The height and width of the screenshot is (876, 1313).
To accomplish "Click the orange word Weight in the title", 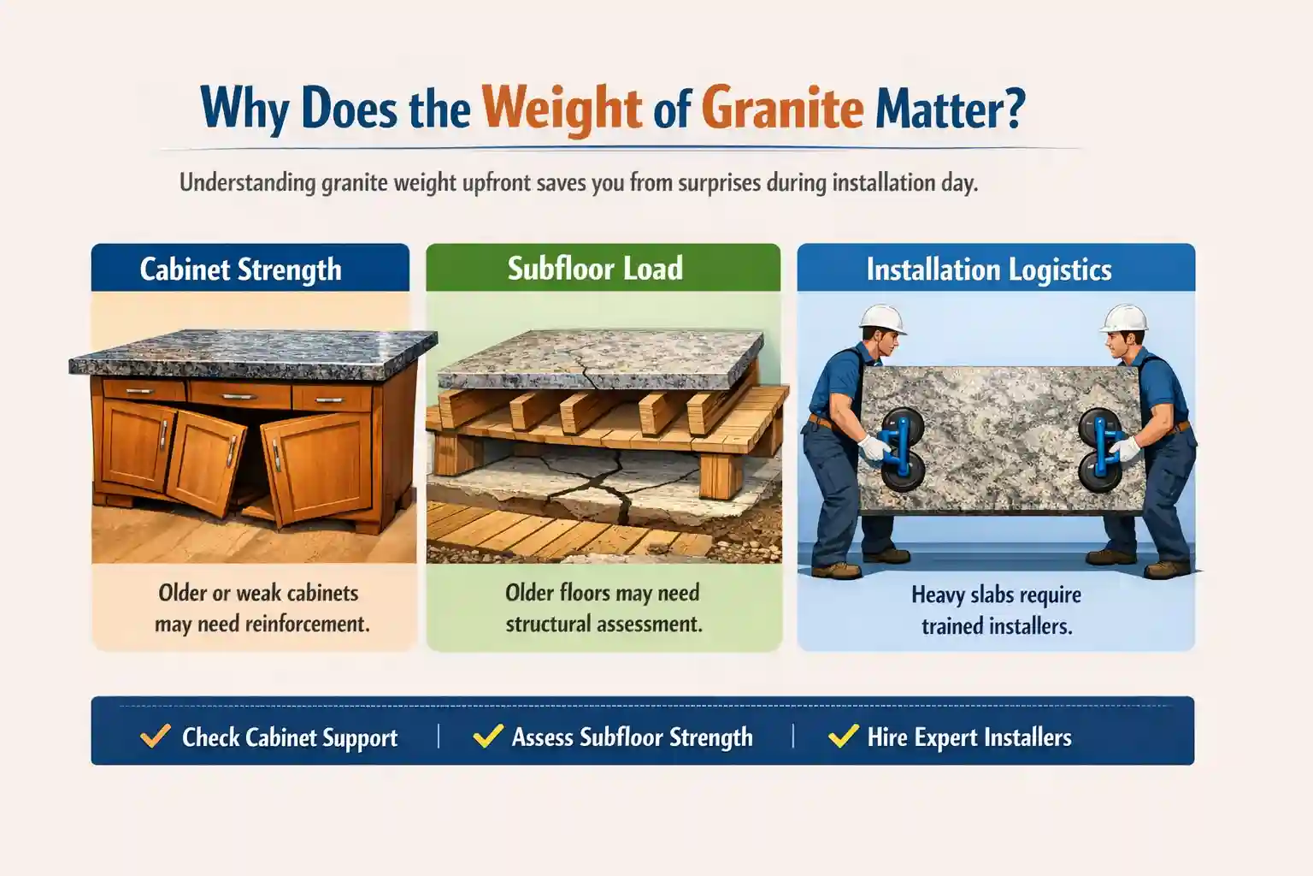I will [x=562, y=109].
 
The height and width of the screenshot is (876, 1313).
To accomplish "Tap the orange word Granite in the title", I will [x=781, y=109].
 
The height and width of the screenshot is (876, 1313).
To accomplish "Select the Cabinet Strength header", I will [x=240, y=269].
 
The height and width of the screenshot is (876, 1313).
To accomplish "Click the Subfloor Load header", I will [x=595, y=269].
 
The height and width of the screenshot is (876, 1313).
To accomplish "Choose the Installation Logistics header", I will [x=989, y=269].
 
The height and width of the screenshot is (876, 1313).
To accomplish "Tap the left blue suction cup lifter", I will [x=902, y=448].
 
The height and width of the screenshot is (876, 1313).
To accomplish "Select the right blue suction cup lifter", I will [x=1100, y=448].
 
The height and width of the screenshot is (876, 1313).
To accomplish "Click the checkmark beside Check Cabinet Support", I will [x=155, y=736].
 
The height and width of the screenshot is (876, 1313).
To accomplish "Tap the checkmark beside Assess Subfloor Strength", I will [x=487, y=736].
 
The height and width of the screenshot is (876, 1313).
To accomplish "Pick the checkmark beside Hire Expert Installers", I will [x=843, y=736].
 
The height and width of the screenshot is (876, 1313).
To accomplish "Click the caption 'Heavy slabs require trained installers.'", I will [x=996, y=610].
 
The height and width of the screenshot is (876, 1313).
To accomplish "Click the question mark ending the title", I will [x=1015, y=109].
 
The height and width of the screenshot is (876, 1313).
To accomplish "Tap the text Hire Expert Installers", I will [x=969, y=737].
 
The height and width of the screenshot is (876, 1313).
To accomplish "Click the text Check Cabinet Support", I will [x=290, y=737].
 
